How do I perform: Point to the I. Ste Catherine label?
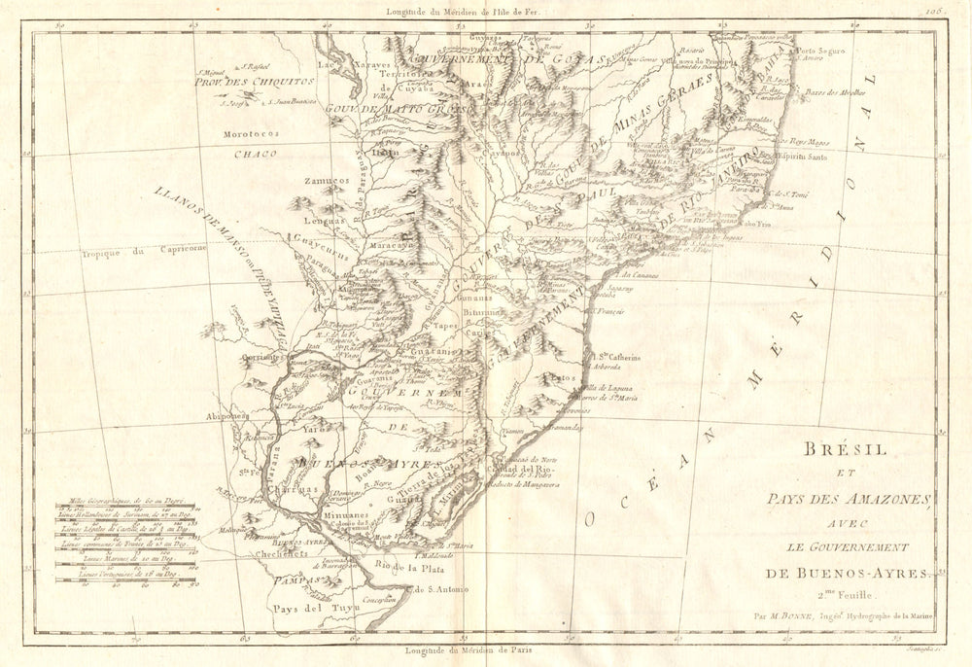click(x=617, y=357)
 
